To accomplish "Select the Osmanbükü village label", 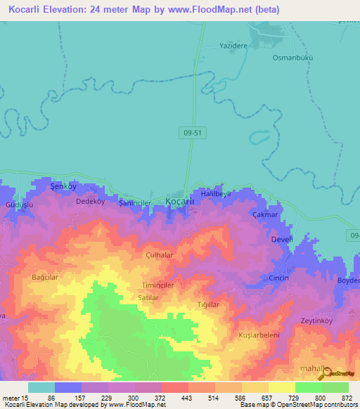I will (x=292, y=58).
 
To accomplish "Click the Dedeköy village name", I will (x=89, y=201).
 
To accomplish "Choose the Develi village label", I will (x=281, y=240).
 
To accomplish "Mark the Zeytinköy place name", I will (x=316, y=320).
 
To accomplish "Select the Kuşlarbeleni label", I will (x=259, y=335).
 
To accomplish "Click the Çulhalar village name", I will (x=159, y=256).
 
